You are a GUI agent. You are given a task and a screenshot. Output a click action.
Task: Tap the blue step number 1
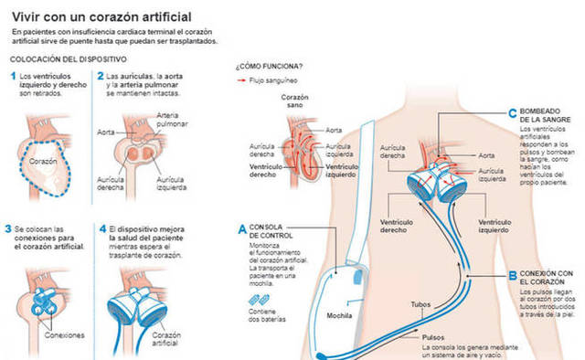click(14, 77)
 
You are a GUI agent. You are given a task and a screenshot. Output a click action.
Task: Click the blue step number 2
click(101, 77)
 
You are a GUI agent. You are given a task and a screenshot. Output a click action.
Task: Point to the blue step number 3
click(14, 230)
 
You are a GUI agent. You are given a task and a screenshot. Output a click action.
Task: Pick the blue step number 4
click(101, 230)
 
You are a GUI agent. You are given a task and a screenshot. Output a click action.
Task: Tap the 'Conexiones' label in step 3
click(64, 334)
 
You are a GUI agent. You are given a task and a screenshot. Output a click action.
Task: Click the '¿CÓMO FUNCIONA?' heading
click(270, 67)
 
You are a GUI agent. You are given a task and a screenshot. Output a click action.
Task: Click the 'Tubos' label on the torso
click(420, 304)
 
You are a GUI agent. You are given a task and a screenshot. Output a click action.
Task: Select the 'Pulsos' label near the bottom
click(438, 335)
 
